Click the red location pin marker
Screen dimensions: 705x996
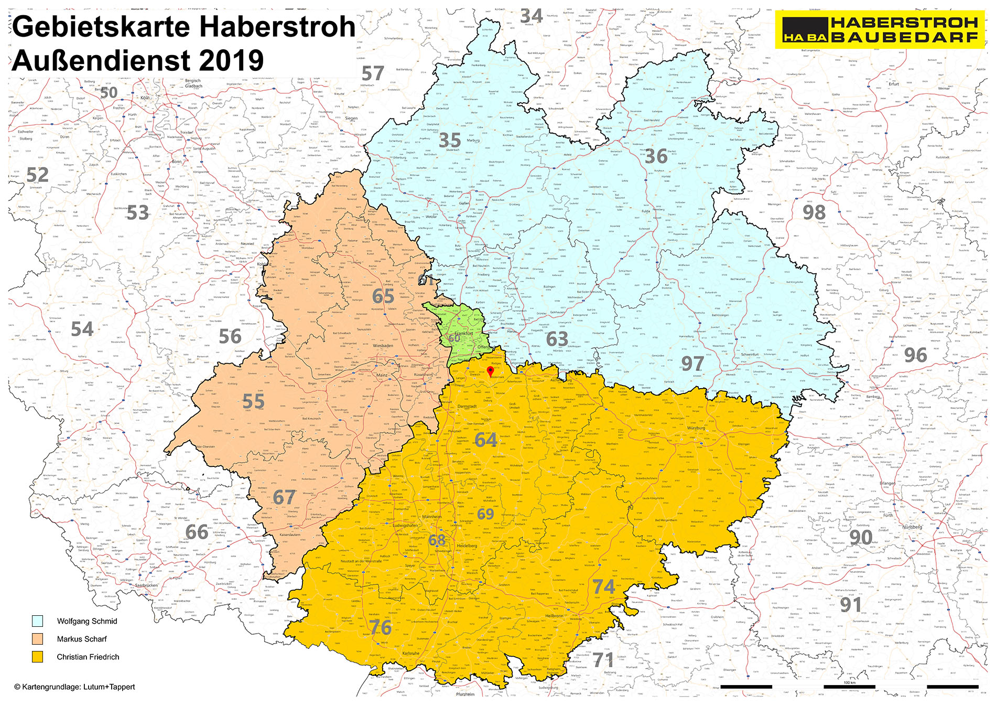pyautogui.click(x=490, y=371)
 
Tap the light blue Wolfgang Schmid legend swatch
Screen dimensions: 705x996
pyautogui.click(x=37, y=621)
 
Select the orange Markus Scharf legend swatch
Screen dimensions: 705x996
pyautogui.click(x=37, y=639)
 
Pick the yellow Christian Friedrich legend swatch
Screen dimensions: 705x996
pyautogui.click(x=37, y=657)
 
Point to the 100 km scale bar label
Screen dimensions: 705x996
pyautogui.click(x=849, y=682)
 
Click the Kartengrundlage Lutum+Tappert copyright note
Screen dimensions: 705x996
pyautogui.click(x=74, y=687)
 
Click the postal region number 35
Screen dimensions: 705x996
pyautogui.click(x=450, y=140)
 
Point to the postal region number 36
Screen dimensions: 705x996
pyautogui.click(x=656, y=156)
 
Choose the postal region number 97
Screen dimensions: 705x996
pyautogui.click(x=692, y=363)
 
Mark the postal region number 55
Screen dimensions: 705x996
pyautogui.click(x=253, y=402)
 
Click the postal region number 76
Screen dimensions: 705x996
pyautogui.click(x=380, y=627)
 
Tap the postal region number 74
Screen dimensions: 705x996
pyautogui.click(x=603, y=586)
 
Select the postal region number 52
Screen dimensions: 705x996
pyautogui.click(x=37, y=175)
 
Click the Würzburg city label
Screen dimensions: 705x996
pyautogui.click(x=696, y=428)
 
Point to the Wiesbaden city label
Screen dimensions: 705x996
pyautogui.click(x=383, y=346)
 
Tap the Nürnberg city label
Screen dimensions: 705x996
pyautogui.click(x=912, y=527)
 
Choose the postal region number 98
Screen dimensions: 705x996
pyautogui.click(x=814, y=212)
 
